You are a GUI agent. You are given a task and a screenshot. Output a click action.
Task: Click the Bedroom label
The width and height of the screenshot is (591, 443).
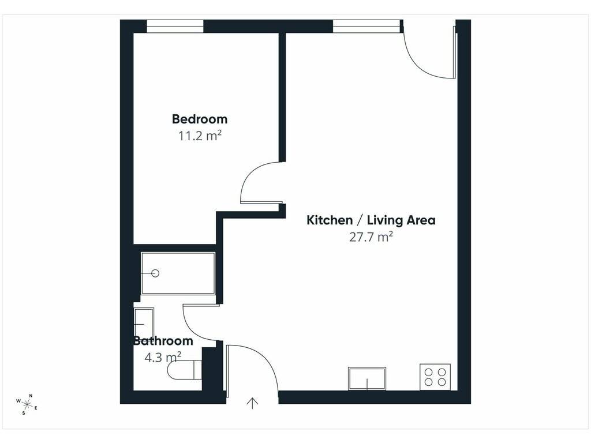(x=199, y=119)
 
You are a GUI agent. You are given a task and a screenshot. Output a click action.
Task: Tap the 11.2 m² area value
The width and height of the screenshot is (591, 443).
(x=199, y=136)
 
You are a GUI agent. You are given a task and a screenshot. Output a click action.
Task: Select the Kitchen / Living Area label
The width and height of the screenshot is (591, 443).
(x=371, y=220)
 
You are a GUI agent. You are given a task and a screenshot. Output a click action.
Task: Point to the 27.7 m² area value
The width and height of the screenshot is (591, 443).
(x=371, y=237)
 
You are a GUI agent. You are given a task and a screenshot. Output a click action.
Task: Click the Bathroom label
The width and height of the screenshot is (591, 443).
(x=163, y=340)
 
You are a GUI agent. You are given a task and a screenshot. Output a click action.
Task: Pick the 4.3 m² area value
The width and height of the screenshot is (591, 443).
(x=163, y=357)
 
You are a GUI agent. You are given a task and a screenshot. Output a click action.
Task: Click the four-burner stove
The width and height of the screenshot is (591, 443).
(x=435, y=377)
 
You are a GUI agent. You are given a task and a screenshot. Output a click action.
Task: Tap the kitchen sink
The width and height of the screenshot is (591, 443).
(x=366, y=378)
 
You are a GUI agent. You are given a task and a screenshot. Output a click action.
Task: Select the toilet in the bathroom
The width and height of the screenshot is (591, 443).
(x=184, y=370)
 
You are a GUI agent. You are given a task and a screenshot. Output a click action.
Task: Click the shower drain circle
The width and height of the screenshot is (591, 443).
(x=155, y=273)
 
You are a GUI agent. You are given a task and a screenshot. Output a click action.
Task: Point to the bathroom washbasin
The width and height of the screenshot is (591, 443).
(x=144, y=324)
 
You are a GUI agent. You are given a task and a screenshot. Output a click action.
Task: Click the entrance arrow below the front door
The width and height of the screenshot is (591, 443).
(x=252, y=403)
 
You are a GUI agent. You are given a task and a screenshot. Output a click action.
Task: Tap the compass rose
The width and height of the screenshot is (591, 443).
(x=27, y=404)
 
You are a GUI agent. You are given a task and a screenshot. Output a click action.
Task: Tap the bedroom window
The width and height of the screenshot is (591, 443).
(x=175, y=27)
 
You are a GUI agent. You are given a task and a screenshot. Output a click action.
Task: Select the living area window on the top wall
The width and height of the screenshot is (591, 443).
(x=366, y=27)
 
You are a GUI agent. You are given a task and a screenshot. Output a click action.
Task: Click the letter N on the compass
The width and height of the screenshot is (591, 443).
(x=31, y=396)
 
